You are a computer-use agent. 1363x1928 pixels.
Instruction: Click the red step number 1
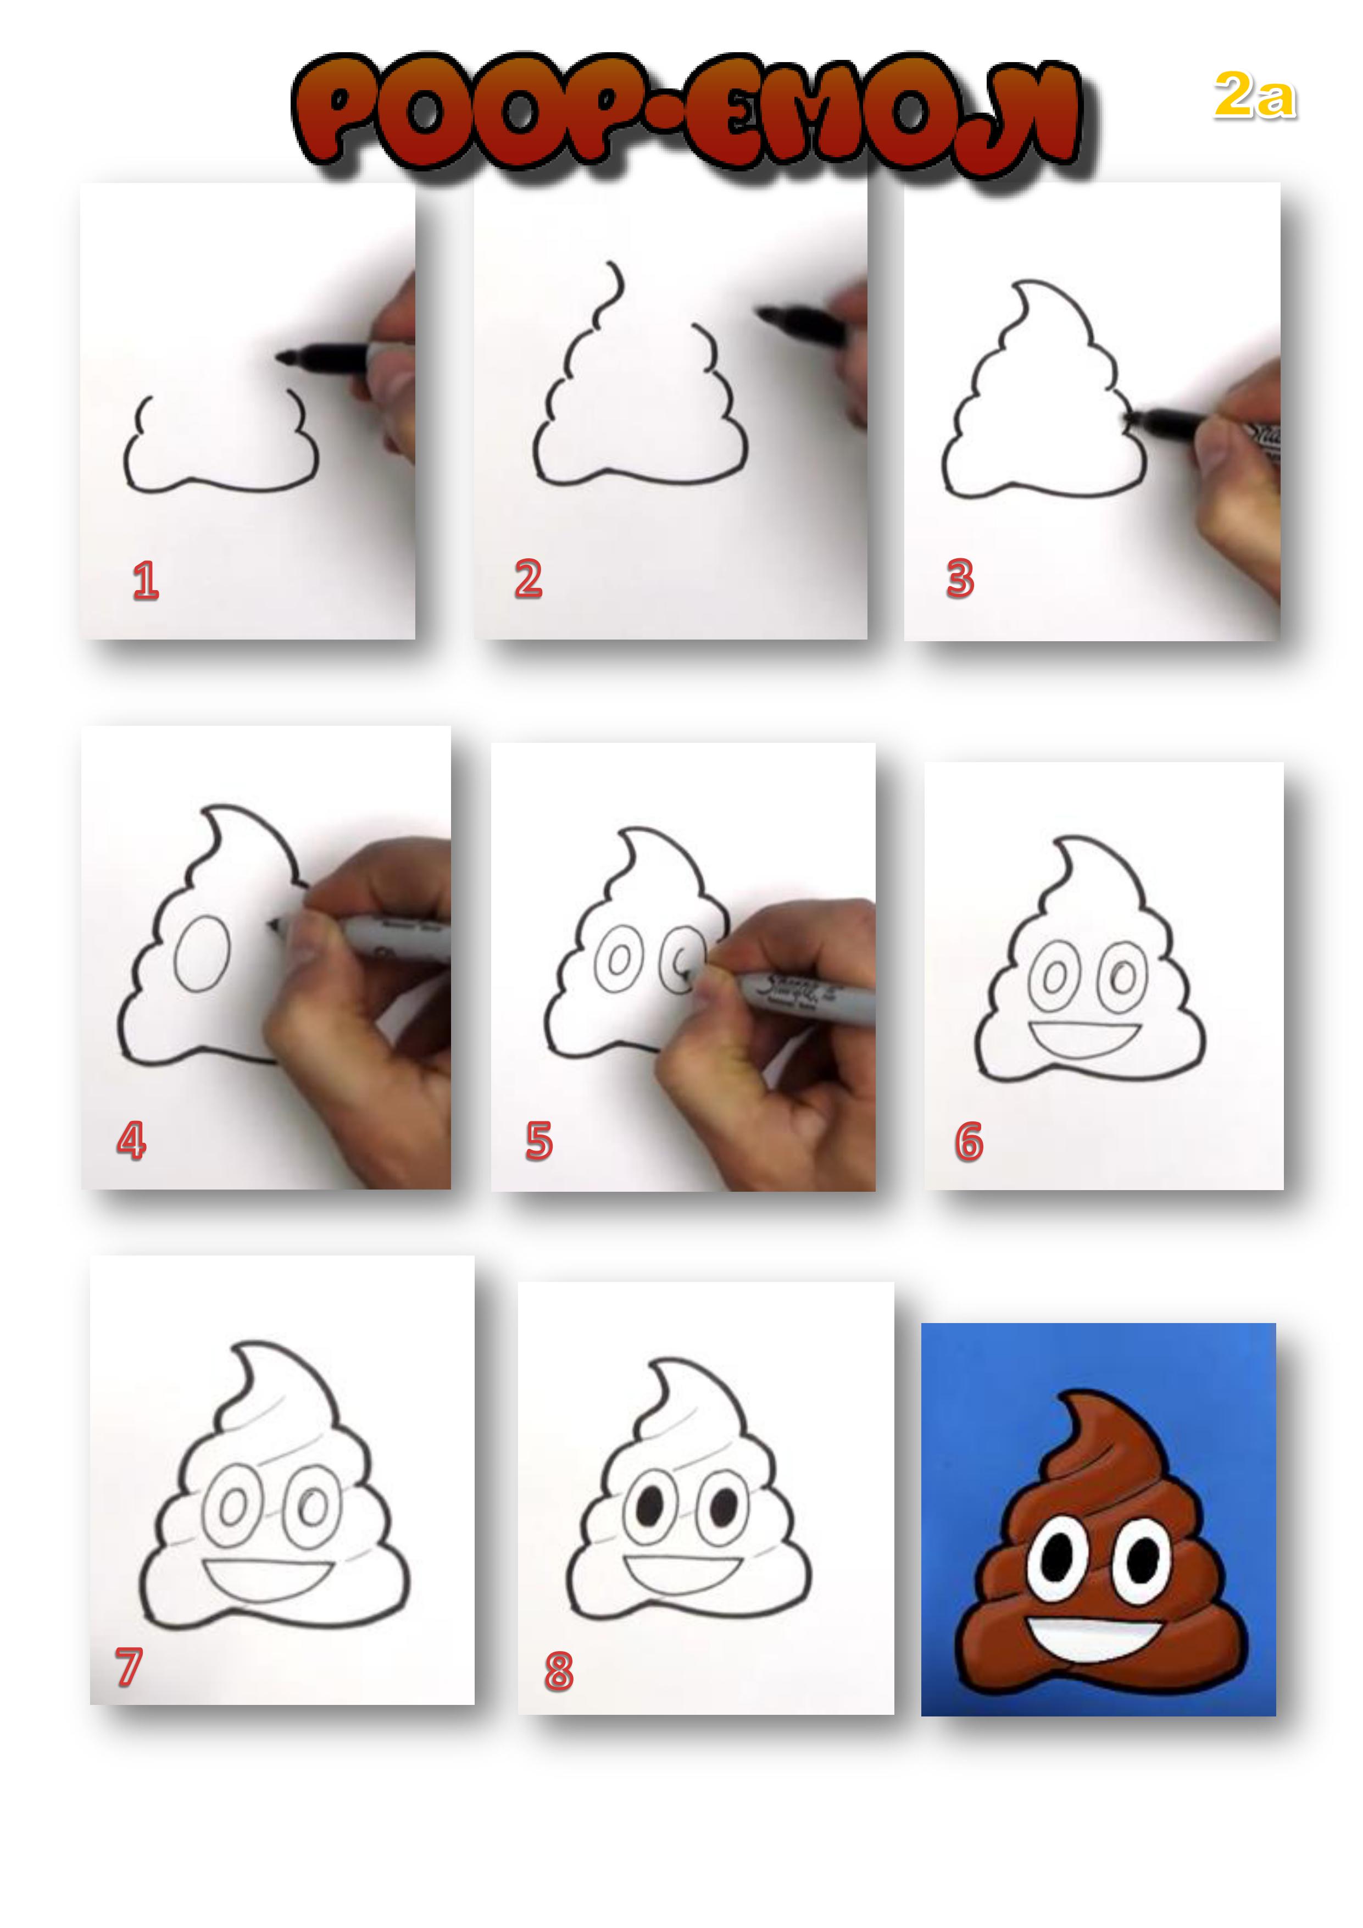coord(145,581)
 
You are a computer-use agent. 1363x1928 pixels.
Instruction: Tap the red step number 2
coord(528,580)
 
